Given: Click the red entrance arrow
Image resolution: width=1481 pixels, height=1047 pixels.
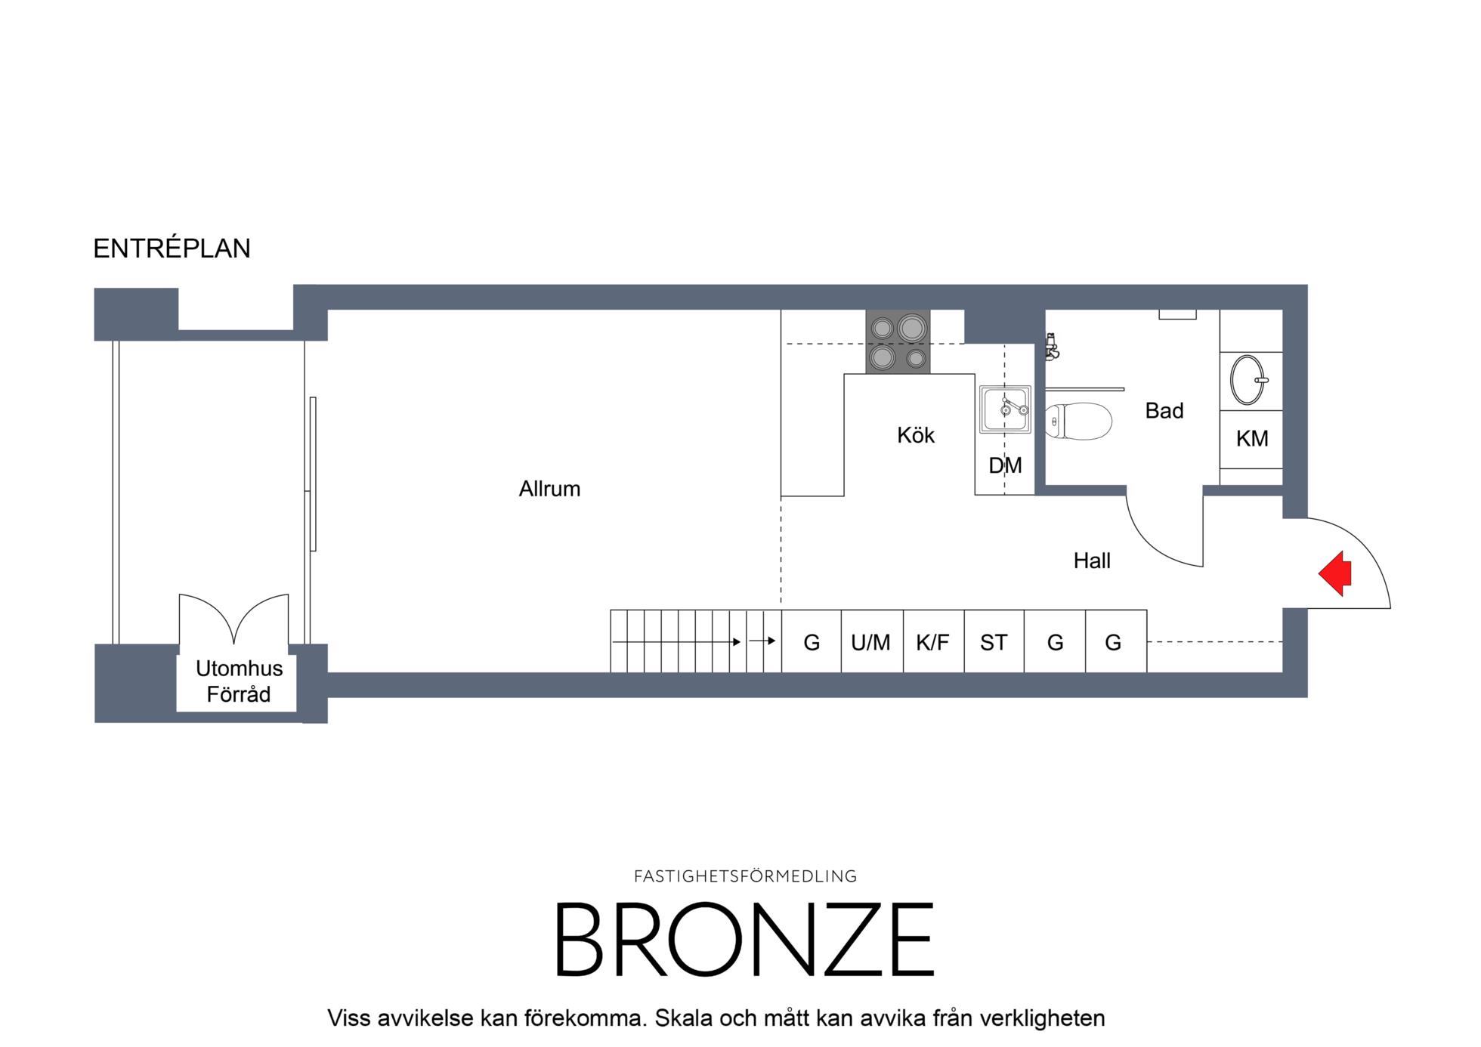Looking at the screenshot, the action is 1335,573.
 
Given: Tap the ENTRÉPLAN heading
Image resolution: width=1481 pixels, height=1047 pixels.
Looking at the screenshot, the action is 172,249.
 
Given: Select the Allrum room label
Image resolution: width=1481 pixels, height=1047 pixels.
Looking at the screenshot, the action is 549,489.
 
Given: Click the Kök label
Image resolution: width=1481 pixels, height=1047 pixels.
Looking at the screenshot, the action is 916,435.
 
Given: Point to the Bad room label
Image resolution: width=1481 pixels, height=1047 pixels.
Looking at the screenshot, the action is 1164,410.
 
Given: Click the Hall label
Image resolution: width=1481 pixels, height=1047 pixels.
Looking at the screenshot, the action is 1092,561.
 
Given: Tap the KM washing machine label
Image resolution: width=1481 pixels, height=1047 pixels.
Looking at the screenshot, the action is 1252,438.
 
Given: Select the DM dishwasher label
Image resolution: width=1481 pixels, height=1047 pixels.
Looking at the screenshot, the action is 1005,465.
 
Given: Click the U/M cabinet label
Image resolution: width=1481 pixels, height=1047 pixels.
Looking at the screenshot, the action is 870,642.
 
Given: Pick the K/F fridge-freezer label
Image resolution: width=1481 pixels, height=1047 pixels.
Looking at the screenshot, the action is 932,642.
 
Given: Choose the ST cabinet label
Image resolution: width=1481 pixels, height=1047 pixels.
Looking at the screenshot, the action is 994,642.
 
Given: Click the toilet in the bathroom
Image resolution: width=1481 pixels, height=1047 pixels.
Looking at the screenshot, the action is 1079,421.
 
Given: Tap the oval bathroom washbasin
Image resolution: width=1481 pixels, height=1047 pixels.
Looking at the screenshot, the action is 1248,380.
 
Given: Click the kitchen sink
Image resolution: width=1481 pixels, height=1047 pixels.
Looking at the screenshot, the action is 1005,409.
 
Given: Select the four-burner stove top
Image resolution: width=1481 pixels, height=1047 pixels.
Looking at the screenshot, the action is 898,341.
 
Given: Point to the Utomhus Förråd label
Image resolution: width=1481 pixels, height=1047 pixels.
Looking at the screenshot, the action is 239,681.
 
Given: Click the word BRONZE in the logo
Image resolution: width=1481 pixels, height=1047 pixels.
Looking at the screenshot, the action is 745,940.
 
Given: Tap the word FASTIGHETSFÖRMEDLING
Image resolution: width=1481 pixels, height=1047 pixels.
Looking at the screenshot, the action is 745,876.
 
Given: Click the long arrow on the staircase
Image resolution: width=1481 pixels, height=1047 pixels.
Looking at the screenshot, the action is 676,642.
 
